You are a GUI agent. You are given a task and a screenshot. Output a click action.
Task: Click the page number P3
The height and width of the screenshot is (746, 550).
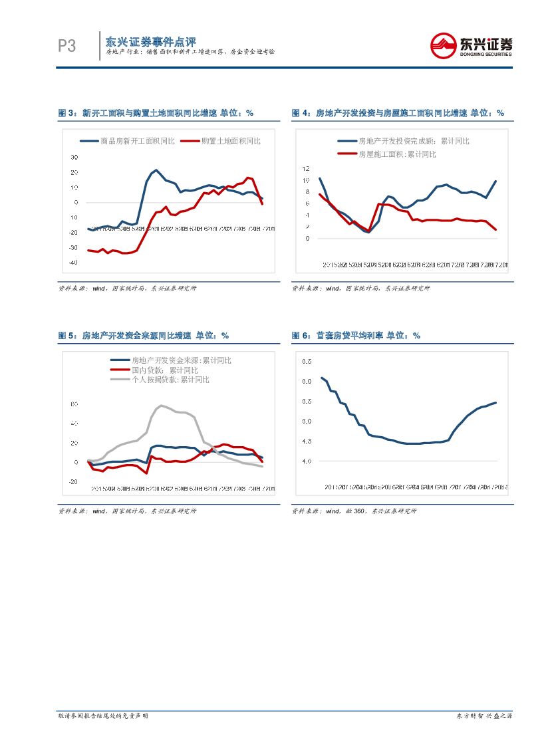67,46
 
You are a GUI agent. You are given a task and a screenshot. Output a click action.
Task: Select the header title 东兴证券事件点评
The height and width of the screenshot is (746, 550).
150,41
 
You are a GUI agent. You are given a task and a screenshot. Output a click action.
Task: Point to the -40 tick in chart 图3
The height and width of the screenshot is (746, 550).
73,263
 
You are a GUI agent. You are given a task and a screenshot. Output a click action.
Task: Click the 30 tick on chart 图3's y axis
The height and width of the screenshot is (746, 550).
74,157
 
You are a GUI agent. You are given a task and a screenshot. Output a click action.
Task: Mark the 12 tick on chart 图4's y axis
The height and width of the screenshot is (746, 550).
305,169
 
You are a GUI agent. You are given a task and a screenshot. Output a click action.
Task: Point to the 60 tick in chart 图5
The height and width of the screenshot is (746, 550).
74,404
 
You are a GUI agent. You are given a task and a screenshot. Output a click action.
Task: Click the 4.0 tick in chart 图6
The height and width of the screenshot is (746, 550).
307,461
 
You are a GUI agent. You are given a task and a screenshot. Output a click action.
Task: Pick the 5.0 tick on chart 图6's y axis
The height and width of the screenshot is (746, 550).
307,421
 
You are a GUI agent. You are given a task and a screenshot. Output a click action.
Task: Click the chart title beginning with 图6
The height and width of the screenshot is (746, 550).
356,336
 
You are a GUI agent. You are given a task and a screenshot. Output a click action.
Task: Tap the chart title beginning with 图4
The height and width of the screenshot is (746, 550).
398,113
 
